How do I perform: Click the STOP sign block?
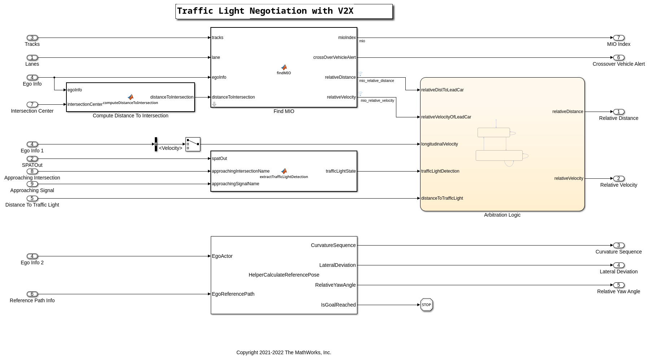[x=426, y=305]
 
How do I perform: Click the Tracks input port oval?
[x=32, y=38]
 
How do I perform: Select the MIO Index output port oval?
[x=618, y=38]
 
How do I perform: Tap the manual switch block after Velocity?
[x=193, y=144]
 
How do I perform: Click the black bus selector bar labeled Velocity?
[x=156, y=144]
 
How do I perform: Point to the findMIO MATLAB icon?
[x=284, y=68]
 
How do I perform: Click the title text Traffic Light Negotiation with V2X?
[x=265, y=11]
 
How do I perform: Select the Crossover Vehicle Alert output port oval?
[x=618, y=57]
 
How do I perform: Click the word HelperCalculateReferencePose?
[x=284, y=275]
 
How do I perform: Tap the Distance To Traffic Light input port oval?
[x=32, y=198]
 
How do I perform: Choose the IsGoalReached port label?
[x=338, y=305]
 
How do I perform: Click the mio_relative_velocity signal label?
[x=377, y=100]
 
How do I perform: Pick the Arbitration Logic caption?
[x=502, y=215]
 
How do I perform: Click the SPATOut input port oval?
[x=32, y=159]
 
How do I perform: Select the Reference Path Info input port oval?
[x=32, y=294]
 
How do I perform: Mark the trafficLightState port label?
[x=340, y=171]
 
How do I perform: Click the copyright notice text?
[x=284, y=352]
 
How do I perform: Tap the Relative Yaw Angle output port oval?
[x=618, y=285]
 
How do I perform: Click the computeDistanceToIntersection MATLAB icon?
[x=131, y=97]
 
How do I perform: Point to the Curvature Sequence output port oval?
[x=618, y=245]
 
